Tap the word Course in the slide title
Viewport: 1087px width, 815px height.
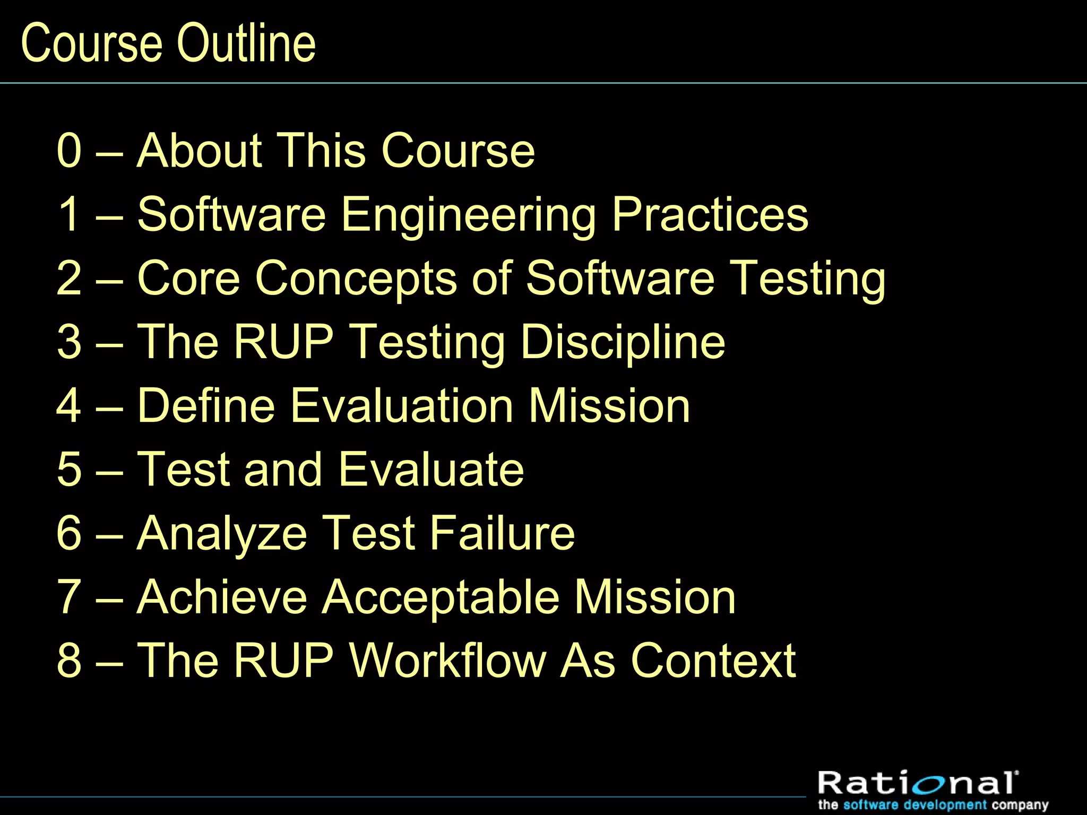pos(91,44)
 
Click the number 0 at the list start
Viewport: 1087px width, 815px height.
pos(70,151)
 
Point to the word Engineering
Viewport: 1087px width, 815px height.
pos(469,215)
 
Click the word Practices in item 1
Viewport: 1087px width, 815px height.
pos(710,214)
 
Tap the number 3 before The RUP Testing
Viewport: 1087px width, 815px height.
pos(70,342)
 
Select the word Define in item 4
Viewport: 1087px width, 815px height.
pos(206,406)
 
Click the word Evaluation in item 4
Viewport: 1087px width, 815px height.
pos(402,406)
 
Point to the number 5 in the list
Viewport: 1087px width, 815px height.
pos(70,470)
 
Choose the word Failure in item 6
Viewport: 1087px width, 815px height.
pos(502,533)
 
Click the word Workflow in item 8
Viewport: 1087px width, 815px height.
pos(447,661)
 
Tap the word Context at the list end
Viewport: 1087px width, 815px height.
pos(713,661)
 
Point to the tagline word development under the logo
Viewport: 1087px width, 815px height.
pos(945,805)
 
